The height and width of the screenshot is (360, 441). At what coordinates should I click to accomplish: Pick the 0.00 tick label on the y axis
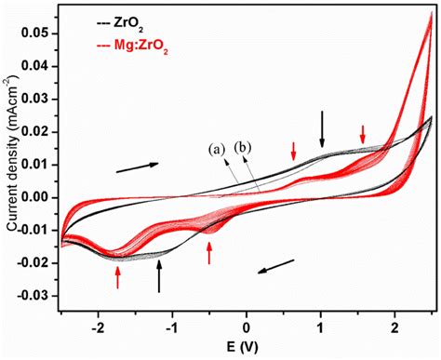click(40, 197)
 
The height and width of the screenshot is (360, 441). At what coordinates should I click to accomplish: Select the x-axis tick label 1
click(321, 328)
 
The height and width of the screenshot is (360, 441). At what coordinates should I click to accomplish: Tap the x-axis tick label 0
click(247, 328)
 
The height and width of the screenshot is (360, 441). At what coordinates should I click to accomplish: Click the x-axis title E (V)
click(247, 348)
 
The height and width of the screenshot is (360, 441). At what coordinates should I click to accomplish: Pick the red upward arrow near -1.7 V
click(117, 276)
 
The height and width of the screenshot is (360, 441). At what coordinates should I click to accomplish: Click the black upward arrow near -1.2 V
click(160, 276)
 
